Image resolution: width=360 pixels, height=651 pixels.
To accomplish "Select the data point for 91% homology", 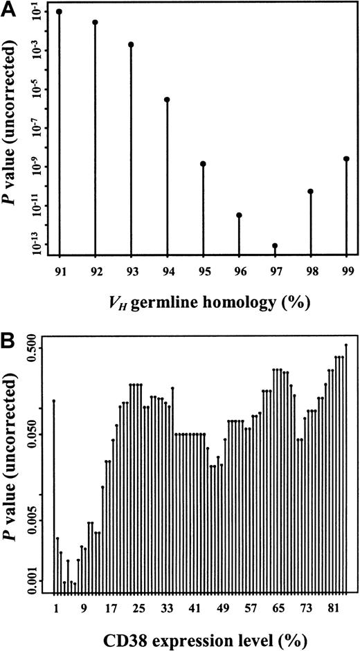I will click(x=60, y=12).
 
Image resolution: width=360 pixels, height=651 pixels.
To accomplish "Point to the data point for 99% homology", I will click(x=346, y=159).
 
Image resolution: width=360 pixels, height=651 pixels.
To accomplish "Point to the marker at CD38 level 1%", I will click(x=54, y=401).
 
